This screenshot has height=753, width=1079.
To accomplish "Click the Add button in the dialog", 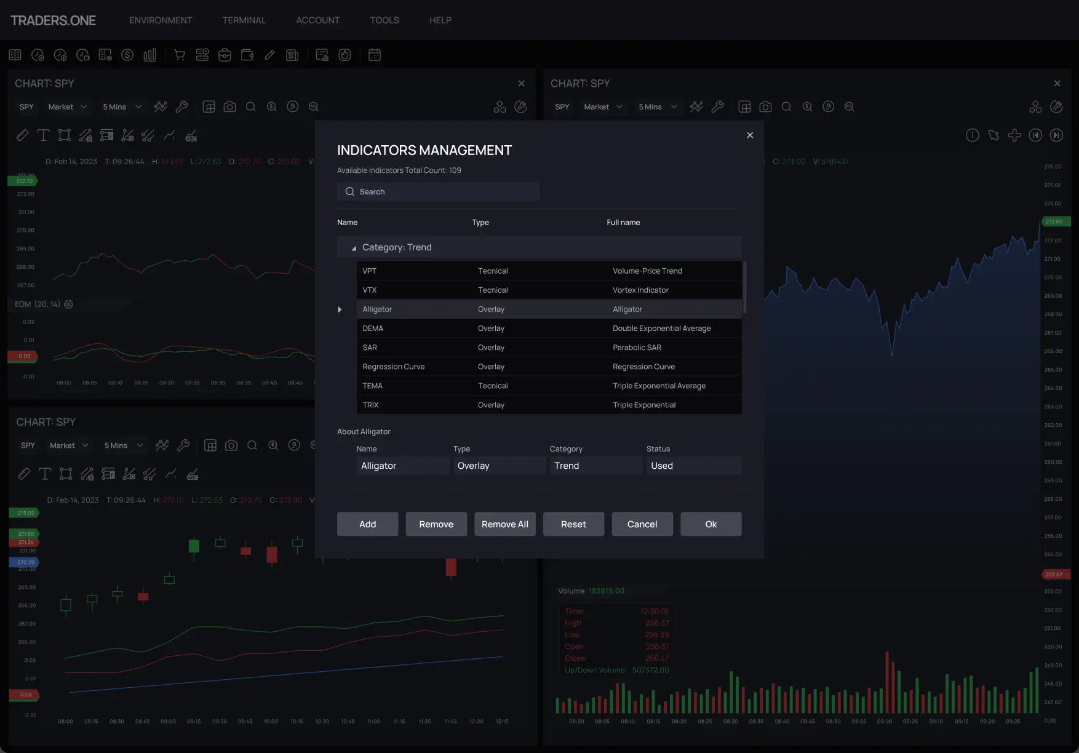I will [367, 524].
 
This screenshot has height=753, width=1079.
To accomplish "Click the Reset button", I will [573, 524].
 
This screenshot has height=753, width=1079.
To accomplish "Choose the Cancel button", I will [642, 524].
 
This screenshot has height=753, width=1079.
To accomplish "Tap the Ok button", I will [711, 524].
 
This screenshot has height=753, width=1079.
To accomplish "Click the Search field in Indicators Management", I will [438, 192].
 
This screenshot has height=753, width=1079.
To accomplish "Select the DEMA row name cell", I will [373, 329].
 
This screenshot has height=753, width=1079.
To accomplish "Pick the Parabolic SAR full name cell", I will [637, 348].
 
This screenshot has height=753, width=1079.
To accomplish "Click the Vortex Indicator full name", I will [640, 290].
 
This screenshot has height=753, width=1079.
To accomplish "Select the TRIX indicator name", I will [370, 405].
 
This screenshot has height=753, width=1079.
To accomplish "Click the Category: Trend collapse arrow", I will [354, 248].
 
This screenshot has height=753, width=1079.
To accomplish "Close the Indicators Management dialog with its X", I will [750, 135].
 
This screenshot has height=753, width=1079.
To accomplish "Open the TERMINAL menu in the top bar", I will [244, 20].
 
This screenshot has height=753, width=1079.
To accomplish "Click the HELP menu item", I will [440, 20].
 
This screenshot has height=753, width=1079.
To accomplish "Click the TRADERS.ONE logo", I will [53, 20].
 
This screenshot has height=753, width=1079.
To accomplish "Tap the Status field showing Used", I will [693, 466].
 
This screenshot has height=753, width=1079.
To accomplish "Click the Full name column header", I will [623, 223].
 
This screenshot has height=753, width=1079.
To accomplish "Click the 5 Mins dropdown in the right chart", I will [657, 107].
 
